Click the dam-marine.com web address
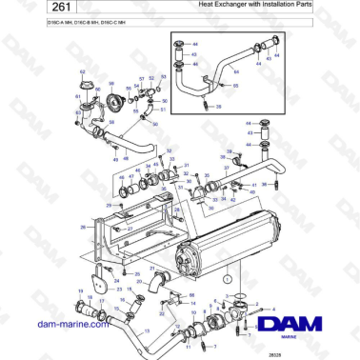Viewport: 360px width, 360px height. pyautogui.click(x=71, y=324)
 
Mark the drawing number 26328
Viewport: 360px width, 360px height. pyautogui.click(x=301, y=352)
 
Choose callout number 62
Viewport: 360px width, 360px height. pyautogui.click(x=82, y=72)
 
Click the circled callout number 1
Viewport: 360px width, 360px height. pyautogui.click(x=228, y=277)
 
